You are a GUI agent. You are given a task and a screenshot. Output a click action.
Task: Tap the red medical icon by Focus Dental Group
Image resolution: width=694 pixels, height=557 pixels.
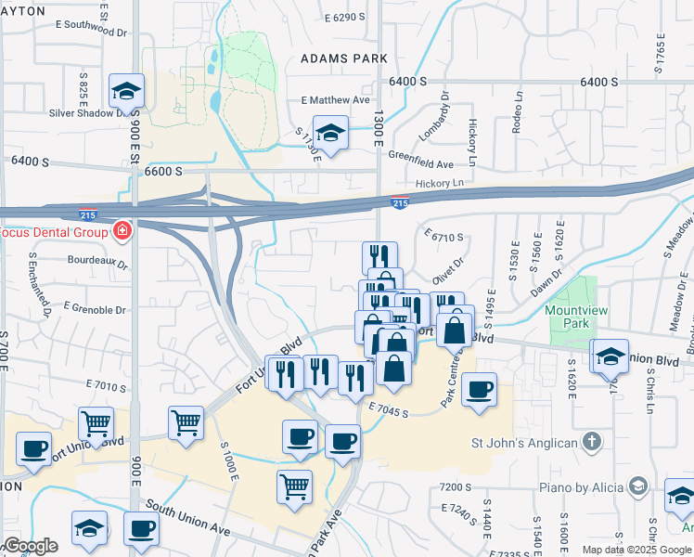tap(122, 230)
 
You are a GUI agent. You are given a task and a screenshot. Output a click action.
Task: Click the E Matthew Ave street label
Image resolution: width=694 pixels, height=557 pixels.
tap(335, 100)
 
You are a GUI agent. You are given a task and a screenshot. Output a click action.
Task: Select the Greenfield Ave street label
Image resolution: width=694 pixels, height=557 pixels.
tap(420, 159)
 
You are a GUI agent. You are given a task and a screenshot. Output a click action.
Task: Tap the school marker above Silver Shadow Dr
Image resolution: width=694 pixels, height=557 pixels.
tap(126, 92)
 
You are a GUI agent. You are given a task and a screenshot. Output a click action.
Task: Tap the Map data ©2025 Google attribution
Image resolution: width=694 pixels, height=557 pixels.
tap(636, 550)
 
